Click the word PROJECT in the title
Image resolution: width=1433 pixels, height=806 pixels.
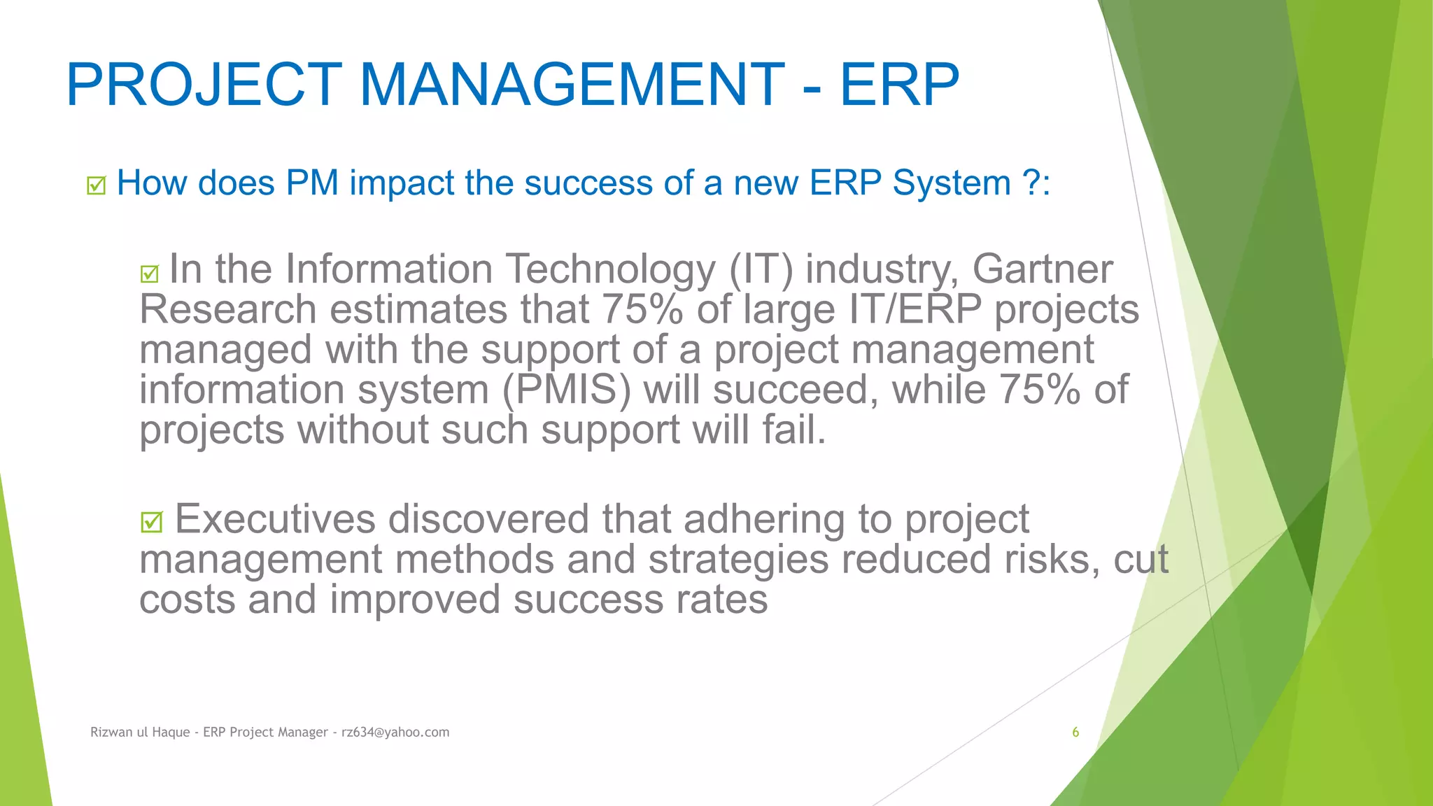(204, 85)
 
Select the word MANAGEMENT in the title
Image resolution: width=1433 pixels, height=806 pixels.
(572, 85)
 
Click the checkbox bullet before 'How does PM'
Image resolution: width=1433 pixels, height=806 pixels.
(97, 185)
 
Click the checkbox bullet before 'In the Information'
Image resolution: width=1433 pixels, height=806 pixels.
(150, 273)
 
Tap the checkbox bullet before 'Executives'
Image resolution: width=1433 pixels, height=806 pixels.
(151, 522)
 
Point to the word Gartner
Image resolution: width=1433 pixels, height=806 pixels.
(1042, 269)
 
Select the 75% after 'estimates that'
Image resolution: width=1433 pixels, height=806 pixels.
(642, 309)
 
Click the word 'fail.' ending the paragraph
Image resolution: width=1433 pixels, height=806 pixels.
(793, 430)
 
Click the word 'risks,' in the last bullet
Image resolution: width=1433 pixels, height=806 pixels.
(1052, 560)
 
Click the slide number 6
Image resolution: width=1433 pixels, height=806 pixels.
(1075, 732)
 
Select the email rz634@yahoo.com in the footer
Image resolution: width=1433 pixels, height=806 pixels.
(395, 732)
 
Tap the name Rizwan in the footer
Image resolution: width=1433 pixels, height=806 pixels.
(111, 732)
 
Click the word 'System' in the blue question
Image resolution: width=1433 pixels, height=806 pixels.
(952, 183)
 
